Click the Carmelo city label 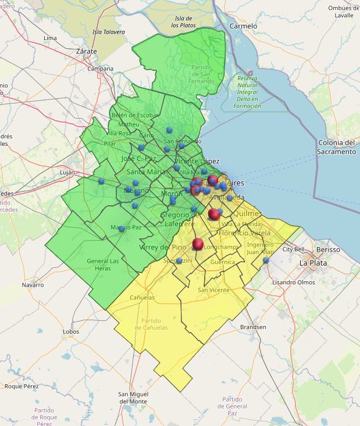243,26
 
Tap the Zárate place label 86,51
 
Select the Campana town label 100,69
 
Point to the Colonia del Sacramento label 336,147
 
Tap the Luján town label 67,173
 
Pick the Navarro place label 33,285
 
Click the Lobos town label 70,332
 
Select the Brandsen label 252,327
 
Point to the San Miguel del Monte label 133,398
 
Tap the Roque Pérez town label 21,386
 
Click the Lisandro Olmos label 294,282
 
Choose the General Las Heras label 102,264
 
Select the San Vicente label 213,289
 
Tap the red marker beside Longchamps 198,244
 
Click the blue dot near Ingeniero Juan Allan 266,260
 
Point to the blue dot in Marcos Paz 122,228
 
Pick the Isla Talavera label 109,32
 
